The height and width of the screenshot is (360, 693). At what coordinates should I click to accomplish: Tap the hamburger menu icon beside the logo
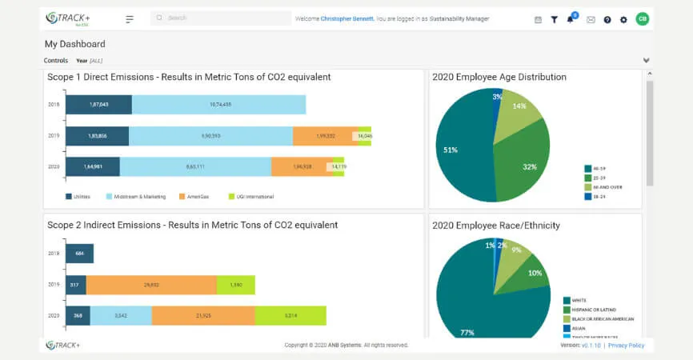click(130, 18)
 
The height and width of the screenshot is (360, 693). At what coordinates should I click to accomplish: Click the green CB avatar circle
click(642, 18)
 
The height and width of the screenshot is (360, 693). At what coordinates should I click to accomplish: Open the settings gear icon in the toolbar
click(623, 19)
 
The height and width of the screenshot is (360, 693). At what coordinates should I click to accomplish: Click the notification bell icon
click(571, 19)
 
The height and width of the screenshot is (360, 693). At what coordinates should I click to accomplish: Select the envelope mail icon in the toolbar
click(591, 19)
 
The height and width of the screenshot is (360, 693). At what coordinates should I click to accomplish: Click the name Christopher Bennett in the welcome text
click(347, 18)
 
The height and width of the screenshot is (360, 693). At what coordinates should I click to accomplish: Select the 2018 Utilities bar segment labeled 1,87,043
click(98, 105)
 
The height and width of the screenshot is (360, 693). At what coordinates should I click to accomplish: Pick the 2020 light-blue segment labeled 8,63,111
click(195, 166)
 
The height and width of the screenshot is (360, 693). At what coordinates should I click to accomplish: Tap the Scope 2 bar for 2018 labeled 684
click(79, 254)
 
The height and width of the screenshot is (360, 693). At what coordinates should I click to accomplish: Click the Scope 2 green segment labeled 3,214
click(290, 315)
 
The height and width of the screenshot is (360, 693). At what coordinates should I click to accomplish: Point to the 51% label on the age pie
click(451, 150)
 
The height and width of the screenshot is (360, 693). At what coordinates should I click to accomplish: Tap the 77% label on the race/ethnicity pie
click(467, 331)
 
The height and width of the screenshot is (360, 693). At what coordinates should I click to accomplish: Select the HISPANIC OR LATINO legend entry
click(594, 310)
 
